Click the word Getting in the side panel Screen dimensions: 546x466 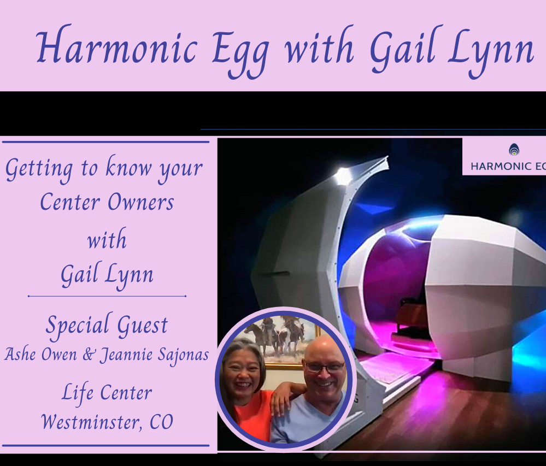[39, 169]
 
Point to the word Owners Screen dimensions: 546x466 [140, 202]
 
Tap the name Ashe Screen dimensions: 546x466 [20, 355]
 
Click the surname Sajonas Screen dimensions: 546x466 [183, 355]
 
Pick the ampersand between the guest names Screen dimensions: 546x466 [89, 355]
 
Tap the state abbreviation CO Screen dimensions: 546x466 [161, 422]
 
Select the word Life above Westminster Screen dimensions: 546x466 [78, 393]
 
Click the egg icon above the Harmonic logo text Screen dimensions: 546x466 [514, 150]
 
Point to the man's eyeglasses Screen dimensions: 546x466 [325, 367]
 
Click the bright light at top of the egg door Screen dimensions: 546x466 [343, 176]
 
